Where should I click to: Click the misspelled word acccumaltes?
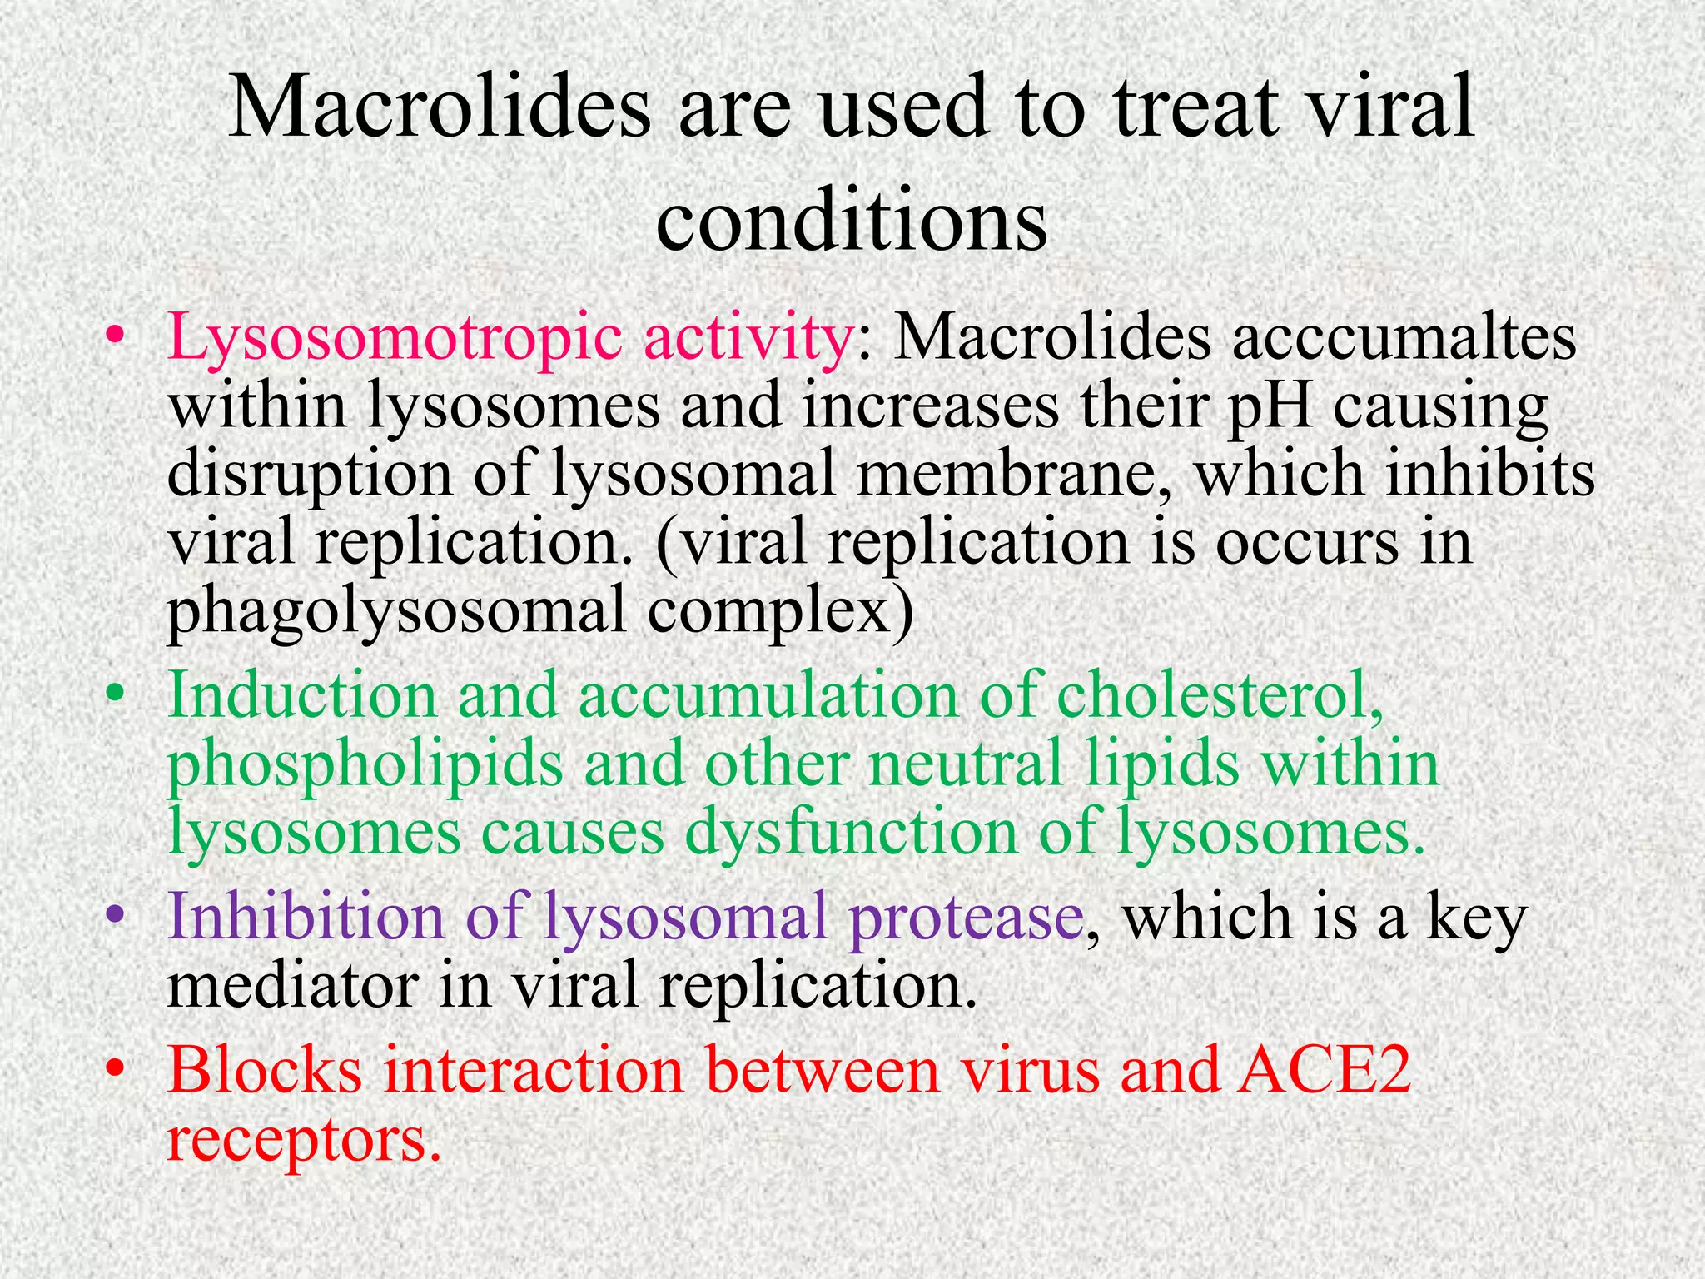click(x=1404, y=339)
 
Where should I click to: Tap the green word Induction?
click(x=302, y=695)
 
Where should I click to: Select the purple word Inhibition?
click(x=306, y=917)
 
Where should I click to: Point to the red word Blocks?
click(x=265, y=1070)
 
